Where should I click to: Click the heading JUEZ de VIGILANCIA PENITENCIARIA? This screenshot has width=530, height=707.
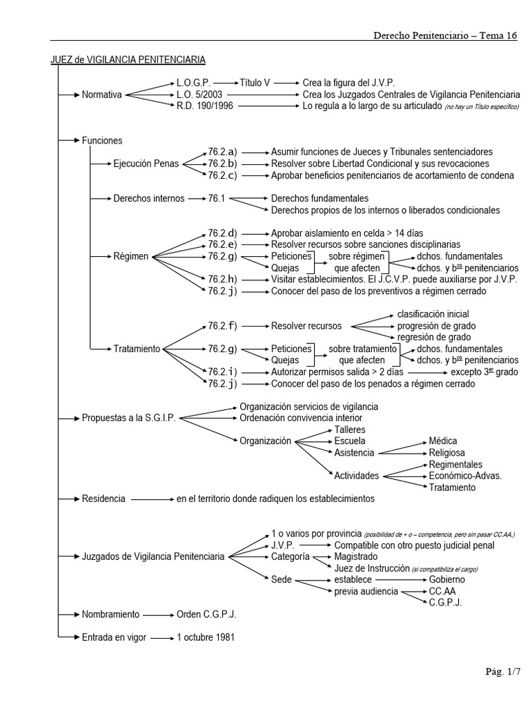pyautogui.click(x=128, y=60)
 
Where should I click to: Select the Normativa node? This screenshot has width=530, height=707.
pyautogui.click(x=101, y=95)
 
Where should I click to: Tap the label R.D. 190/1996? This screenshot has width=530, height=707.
pyautogui.click(x=201, y=106)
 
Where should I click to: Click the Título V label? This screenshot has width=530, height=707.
pyautogui.click(x=255, y=82)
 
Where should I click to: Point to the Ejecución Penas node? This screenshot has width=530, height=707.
pyautogui.click(x=146, y=164)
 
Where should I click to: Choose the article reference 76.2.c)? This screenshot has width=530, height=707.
pyautogui.click(x=222, y=175)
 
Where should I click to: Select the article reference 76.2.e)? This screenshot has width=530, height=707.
pyautogui.click(x=222, y=244)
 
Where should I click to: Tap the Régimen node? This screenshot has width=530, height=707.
pyautogui.click(x=131, y=256)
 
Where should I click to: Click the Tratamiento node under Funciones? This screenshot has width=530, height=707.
pyautogui.click(x=137, y=349)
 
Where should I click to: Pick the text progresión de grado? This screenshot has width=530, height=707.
pyautogui.click(x=436, y=326)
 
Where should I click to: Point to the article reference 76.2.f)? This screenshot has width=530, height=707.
pyautogui.click(x=222, y=326)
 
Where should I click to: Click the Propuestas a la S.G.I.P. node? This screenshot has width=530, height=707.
pyautogui.click(x=129, y=418)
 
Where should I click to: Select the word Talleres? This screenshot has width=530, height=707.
pyautogui.click(x=350, y=429)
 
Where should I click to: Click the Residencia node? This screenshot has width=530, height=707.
pyautogui.click(x=104, y=498)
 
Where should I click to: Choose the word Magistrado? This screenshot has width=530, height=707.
pyautogui.click(x=356, y=556)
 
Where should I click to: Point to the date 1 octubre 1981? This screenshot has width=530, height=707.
pyautogui.click(x=206, y=637)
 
